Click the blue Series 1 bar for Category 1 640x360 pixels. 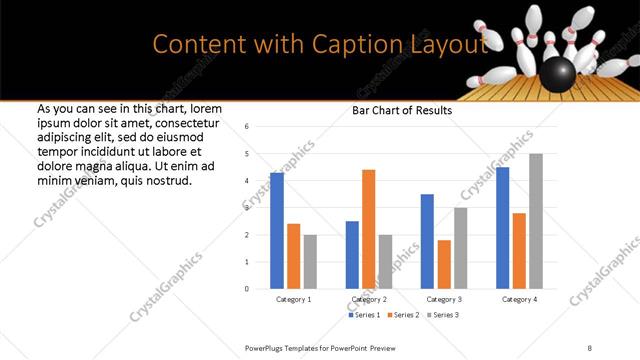[x=277, y=231]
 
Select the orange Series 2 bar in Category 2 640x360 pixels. [x=369, y=229]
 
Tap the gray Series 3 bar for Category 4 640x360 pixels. [x=536, y=221]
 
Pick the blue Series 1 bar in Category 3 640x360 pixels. [x=427, y=241]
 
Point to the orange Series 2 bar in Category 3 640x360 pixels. [x=444, y=264]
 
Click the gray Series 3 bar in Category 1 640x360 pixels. [x=311, y=262]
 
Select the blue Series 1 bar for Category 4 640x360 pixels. [x=502, y=228]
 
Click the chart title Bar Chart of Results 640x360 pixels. [x=401, y=110]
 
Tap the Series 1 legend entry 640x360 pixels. [x=363, y=315]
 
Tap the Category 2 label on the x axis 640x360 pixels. [x=369, y=300]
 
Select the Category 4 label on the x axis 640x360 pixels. [x=519, y=300]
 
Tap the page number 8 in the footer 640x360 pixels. [x=589, y=347]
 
